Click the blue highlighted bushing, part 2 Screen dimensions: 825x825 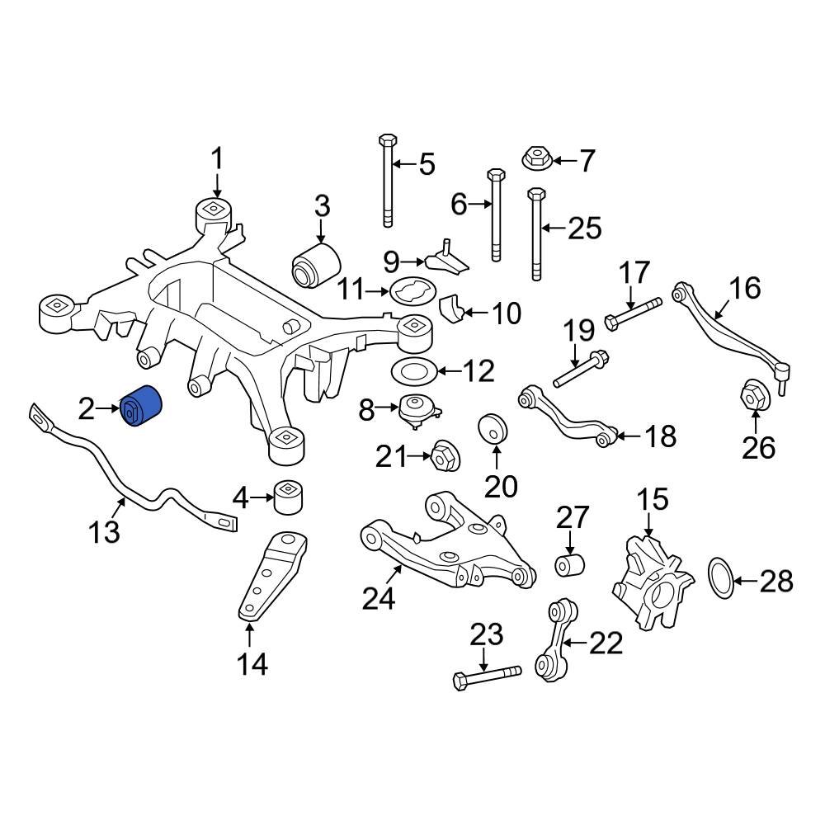click(143, 408)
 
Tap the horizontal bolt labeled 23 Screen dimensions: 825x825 click(486, 675)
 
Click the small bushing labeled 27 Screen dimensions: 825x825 click(568, 566)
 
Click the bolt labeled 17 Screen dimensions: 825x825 click(634, 314)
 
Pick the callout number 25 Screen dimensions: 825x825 click(584, 229)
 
